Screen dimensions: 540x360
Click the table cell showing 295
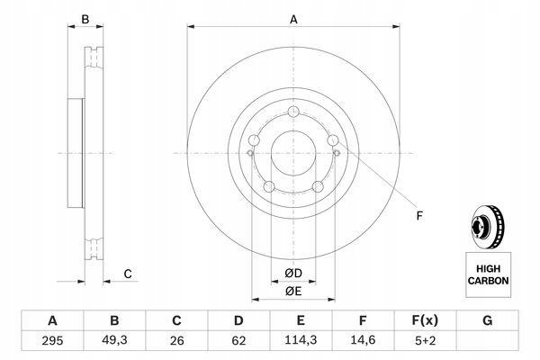point(52,341)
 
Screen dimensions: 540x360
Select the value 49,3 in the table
point(114,340)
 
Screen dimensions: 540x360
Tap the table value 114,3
point(301,340)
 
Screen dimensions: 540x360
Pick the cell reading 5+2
point(426,341)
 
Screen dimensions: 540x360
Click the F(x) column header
point(425,320)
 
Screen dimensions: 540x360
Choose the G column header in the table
point(487,320)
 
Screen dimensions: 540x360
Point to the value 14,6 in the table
point(363,340)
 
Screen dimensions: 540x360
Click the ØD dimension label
point(293,274)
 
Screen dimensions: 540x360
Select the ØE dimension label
point(293,292)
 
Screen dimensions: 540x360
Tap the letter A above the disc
point(293,20)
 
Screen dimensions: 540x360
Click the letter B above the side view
point(85,20)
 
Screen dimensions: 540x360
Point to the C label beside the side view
point(128,274)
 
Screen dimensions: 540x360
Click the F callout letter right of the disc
point(419,216)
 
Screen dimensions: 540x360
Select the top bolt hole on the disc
point(293,112)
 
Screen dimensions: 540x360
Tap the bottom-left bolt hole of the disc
point(269,187)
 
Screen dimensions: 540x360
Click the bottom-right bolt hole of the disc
point(318,187)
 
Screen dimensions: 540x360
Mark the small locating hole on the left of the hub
point(250,153)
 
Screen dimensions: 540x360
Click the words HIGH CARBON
point(488,274)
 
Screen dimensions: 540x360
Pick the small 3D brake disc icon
point(488,228)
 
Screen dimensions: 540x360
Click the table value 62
point(238,341)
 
